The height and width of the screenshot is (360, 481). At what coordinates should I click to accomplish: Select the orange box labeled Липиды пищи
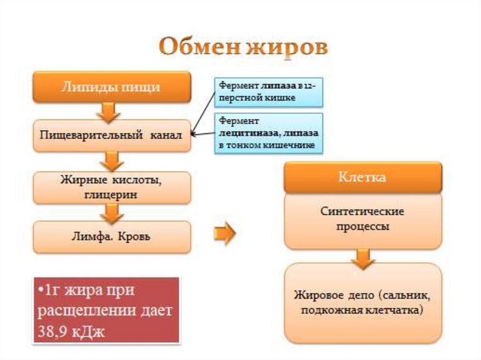(111, 87)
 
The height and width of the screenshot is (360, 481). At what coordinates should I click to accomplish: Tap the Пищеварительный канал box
(111, 136)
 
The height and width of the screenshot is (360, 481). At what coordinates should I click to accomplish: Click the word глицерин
(112, 195)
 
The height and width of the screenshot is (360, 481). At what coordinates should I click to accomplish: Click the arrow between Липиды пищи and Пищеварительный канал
(111, 112)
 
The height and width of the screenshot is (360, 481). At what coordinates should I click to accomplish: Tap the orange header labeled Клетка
(362, 178)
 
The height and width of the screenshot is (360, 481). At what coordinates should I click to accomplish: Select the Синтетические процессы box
(362, 219)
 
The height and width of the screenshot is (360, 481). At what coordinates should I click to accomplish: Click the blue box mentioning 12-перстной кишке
(269, 92)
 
